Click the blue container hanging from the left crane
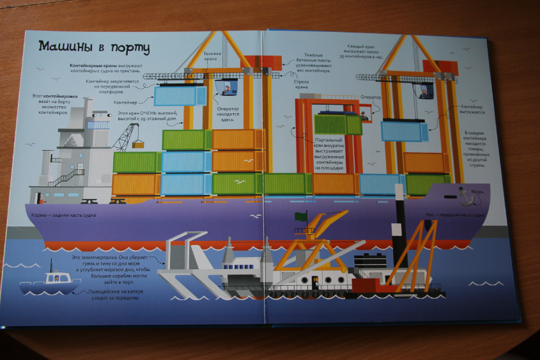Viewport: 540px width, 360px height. coord(180,96)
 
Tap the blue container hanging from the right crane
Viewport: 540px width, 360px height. coord(404,131)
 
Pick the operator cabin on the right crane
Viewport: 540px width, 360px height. coord(425,91)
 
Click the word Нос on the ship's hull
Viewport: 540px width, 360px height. coord(431,215)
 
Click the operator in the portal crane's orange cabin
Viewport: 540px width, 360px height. coord(364,115)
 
